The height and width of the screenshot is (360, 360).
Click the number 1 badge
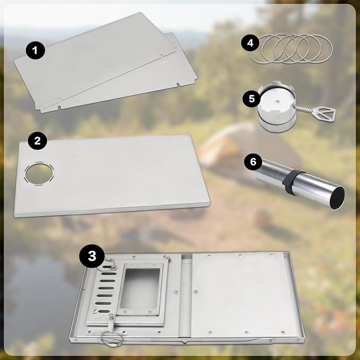(35, 50)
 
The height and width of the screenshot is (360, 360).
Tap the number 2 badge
(38, 141)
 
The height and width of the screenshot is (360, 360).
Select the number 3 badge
(92, 256)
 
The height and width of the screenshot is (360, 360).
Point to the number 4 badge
(250, 43)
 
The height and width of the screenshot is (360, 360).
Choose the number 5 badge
(252, 99)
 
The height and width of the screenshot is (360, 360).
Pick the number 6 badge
(253, 162)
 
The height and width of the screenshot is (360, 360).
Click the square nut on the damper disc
(278, 102)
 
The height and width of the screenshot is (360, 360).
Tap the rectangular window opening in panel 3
(140, 288)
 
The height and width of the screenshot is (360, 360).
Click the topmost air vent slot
(107, 267)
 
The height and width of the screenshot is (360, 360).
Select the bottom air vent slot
(104, 311)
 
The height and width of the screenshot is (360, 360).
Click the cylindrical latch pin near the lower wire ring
(111, 318)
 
